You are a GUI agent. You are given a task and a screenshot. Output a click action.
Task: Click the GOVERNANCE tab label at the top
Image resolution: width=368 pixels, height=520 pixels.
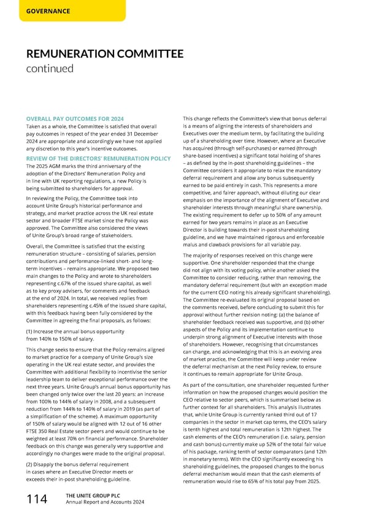(47, 11)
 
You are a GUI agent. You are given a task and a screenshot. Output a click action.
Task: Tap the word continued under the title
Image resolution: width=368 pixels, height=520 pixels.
(48, 69)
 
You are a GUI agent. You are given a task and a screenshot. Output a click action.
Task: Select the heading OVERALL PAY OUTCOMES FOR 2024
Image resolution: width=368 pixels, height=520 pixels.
(75, 118)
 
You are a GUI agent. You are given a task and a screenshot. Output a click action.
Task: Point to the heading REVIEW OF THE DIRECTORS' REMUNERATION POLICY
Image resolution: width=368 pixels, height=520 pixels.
(98, 159)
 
